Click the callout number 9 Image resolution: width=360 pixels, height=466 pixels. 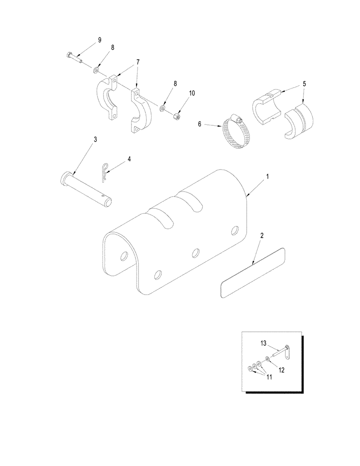coord(99,41)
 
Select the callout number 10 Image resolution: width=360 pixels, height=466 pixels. coord(192,93)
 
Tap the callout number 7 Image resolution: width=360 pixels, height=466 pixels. coord(138,62)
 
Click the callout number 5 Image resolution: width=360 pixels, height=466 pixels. coord(304,84)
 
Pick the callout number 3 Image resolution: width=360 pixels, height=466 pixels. coord(95,139)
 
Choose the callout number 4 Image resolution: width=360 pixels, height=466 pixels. coord(129,159)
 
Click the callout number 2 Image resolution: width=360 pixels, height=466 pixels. coord(262,236)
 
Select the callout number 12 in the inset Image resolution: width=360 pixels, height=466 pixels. coord(281,370)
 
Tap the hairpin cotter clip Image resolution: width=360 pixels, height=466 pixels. coord(106,172)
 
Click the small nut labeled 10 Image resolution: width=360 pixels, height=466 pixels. coord(176,116)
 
